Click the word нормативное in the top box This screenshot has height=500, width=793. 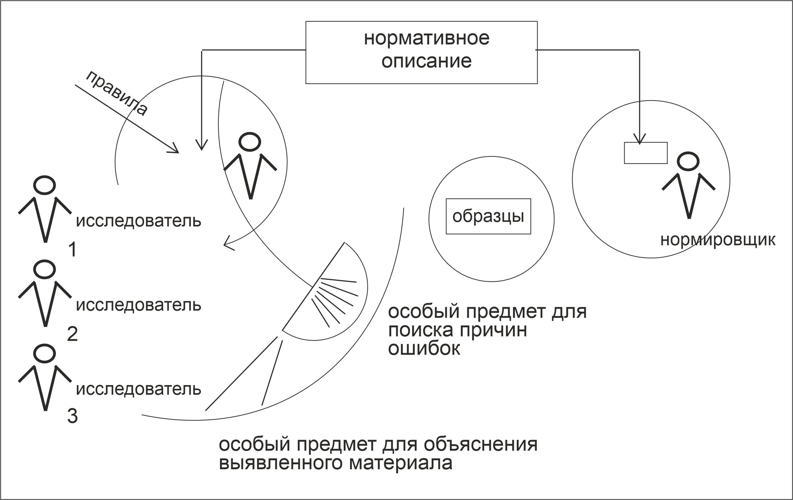point(426,39)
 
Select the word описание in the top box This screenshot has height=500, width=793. point(426,61)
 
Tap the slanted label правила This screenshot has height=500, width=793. point(117,93)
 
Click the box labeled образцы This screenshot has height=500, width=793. point(488,216)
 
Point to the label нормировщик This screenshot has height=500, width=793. point(718,240)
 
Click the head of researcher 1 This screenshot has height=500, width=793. point(44,185)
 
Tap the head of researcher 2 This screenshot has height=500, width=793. point(44,269)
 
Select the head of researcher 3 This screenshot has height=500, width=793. point(44,353)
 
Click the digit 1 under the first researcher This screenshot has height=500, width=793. point(73,249)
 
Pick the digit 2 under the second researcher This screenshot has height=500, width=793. point(72,334)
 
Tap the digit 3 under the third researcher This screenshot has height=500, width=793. point(72,416)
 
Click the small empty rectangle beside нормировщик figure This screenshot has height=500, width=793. point(646,153)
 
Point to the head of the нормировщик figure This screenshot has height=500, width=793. point(688,161)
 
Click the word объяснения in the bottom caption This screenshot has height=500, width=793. point(480,444)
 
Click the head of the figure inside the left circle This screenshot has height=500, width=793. point(250,142)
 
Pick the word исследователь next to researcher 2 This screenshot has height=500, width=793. point(138,305)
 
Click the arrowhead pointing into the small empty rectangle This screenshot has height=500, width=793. point(639,140)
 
